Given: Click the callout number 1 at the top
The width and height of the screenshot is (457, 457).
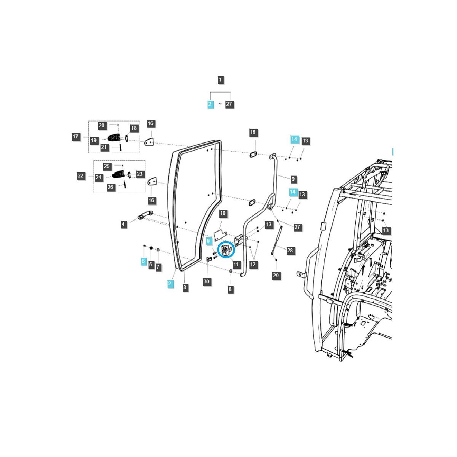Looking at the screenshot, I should tap(221, 80).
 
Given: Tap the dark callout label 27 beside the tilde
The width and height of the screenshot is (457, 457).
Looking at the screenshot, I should tap(229, 104).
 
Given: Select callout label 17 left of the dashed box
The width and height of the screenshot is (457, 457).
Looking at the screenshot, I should tap(76, 137).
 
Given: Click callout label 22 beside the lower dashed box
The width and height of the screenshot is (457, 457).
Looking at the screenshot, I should tap(81, 176).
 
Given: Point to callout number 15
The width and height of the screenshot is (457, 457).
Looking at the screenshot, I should tap(253, 133).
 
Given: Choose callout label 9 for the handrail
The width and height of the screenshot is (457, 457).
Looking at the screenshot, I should tap(293, 179).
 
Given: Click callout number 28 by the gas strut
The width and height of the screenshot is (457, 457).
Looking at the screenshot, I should tap(290, 250).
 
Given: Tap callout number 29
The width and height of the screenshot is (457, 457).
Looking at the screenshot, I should tap(276, 275).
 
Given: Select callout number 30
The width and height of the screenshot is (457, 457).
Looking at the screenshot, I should tap(206, 282).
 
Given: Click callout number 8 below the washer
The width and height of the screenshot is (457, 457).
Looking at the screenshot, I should tap(230, 289).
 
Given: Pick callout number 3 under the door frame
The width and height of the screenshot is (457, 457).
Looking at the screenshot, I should tap(185, 287).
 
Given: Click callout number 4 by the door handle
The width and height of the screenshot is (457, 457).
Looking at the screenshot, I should tap(123, 224).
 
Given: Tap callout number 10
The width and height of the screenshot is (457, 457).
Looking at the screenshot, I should tap(223, 213).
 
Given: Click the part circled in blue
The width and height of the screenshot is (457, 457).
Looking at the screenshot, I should tap(226, 250).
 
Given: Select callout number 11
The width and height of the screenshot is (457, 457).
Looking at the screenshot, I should tap(236, 264).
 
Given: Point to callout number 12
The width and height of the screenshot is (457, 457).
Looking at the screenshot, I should tap(253, 264).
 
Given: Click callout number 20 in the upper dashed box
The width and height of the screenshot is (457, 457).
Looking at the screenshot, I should tap(102, 126).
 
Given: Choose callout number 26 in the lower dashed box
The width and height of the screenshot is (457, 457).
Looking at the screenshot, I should tap(110, 187).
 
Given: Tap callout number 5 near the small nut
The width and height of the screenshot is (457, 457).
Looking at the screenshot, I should tap(150, 264).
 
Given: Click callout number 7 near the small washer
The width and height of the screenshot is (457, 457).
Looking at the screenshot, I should tap(158, 267).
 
